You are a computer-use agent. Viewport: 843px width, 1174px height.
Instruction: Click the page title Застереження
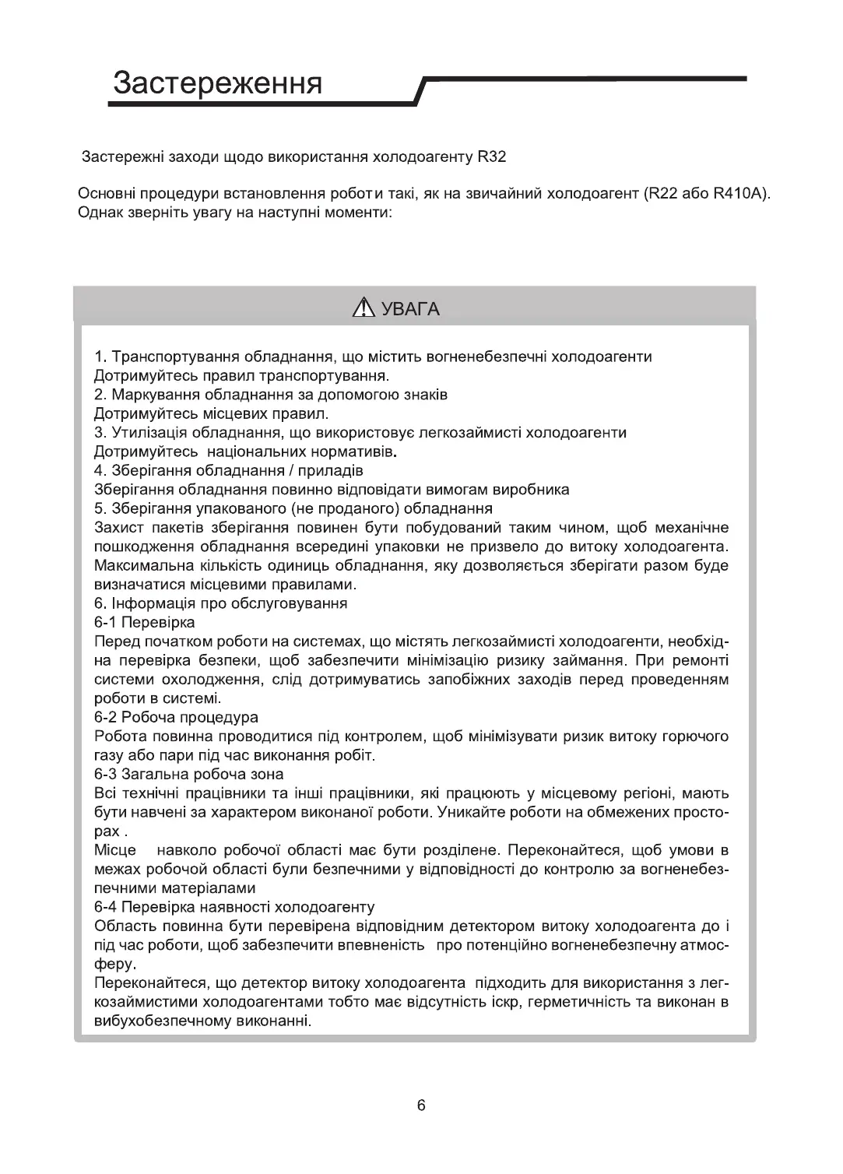click(x=217, y=83)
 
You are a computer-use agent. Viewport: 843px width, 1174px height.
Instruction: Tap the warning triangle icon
click(x=364, y=309)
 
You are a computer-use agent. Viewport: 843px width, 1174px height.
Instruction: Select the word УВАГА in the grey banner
click(x=410, y=310)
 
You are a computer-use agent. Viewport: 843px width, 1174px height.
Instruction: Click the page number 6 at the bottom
click(x=421, y=1105)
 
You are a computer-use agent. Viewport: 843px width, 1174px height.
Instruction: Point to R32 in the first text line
click(x=492, y=156)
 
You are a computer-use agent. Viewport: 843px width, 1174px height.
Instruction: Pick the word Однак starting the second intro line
click(x=100, y=213)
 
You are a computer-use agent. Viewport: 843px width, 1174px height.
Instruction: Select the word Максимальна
click(x=142, y=566)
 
